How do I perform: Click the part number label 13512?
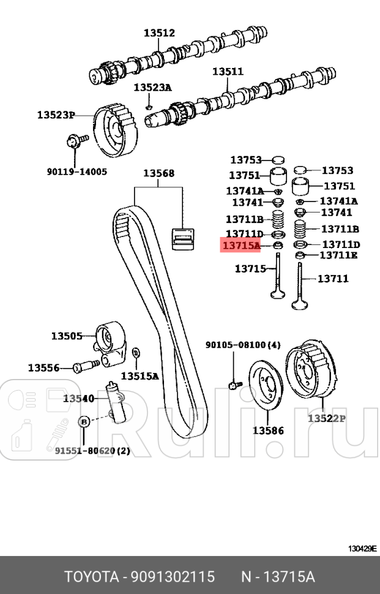159,33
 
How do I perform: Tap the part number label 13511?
228,72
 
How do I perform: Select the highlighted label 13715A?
241,246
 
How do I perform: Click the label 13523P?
55,115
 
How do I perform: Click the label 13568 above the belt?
158,173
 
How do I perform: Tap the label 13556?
43,368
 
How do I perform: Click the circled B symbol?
84,421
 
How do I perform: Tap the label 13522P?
326,419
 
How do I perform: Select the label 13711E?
339,255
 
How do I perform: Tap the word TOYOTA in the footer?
91,577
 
